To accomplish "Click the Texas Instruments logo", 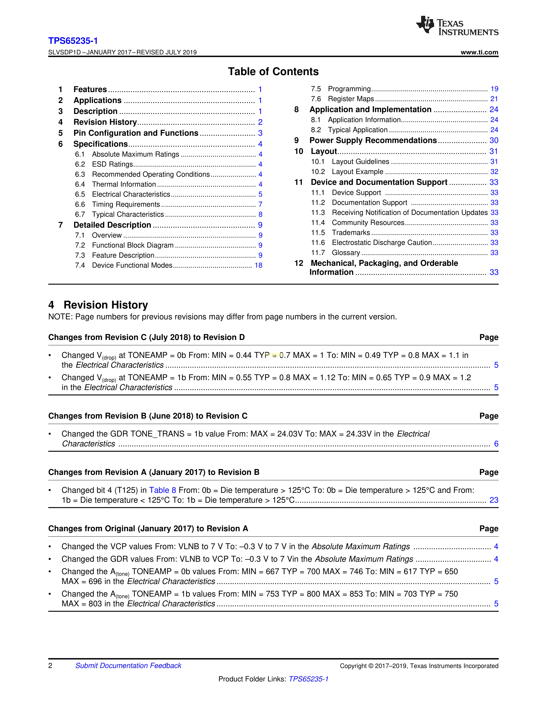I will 457,25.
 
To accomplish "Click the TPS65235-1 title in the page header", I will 73,41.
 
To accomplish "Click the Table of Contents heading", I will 273,72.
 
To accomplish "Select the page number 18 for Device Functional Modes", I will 258,266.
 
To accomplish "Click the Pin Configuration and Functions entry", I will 136,133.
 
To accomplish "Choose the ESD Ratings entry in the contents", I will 112,164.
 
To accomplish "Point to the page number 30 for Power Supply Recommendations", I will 494,140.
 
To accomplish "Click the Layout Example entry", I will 357,172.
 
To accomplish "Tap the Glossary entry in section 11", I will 346,253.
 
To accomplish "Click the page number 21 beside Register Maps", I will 494,99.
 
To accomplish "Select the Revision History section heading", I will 106,305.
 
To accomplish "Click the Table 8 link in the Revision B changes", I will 162,490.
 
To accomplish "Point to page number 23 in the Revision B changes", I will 494,500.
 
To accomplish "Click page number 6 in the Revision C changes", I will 496,444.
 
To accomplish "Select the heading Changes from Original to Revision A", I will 148,529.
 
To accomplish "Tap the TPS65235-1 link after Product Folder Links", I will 308,679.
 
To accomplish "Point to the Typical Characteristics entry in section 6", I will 128,215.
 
